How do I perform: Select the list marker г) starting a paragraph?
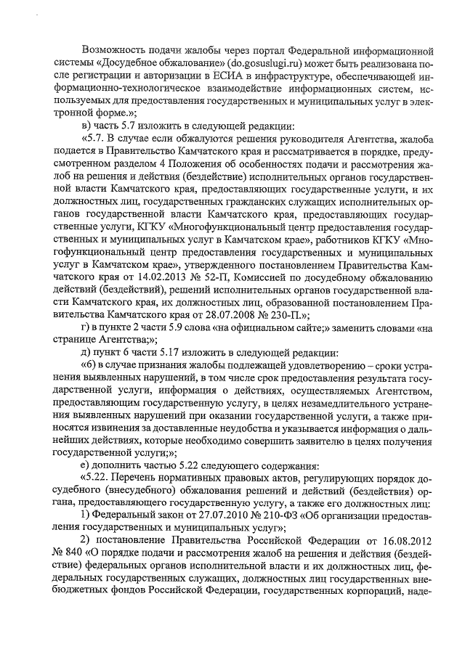click(84, 330)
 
